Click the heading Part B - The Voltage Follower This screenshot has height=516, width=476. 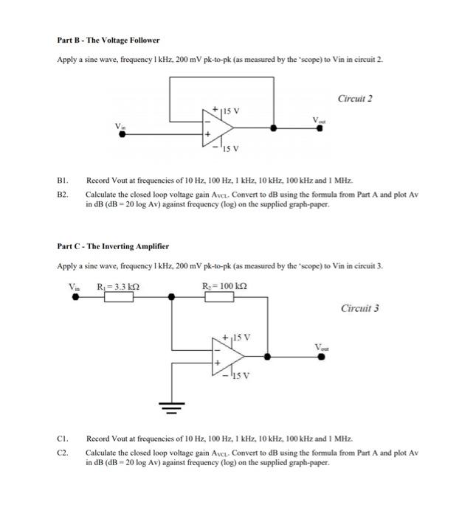click(x=108, y=40)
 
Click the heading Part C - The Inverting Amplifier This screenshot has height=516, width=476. click(x=113, y=245)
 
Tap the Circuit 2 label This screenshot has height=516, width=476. click(x=355, y=98)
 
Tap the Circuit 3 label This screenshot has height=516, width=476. click(x=360, y=308)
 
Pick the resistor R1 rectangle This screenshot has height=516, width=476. click(x=119, y=297)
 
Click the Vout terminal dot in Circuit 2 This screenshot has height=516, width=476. click(x=320, y=128)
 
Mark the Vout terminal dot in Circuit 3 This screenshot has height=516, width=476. click(x=321, y=357)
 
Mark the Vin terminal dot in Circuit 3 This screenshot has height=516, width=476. click(x=73, y=297)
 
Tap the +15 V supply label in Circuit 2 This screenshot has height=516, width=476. click(x=224, y=111)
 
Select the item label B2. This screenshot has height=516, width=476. click(x=63, y=195)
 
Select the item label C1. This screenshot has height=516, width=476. click(x=63, y=438)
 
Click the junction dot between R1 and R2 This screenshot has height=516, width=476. click(x=172, y=297)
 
